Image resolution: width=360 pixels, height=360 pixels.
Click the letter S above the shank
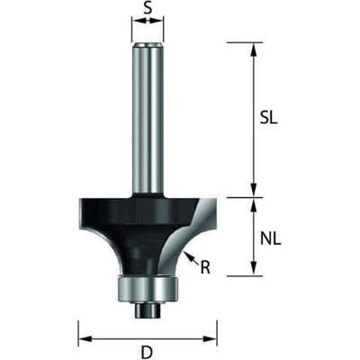[x=148, y=8]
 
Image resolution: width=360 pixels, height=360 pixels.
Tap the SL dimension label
[x=268, y=119]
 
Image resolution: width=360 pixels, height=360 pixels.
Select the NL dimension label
[x=270, y=239]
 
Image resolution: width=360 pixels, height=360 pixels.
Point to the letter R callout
[x=205, y=268]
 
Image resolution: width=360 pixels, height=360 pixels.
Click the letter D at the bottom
[x=147, y=352]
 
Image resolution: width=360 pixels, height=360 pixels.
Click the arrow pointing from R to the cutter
[x=192, y=258]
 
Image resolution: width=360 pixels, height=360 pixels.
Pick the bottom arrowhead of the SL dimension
[x=254, y=190]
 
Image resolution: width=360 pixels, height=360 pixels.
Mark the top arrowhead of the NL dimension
[x=254, y=205]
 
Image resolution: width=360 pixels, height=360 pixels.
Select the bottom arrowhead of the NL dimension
[x=254, y=268]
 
